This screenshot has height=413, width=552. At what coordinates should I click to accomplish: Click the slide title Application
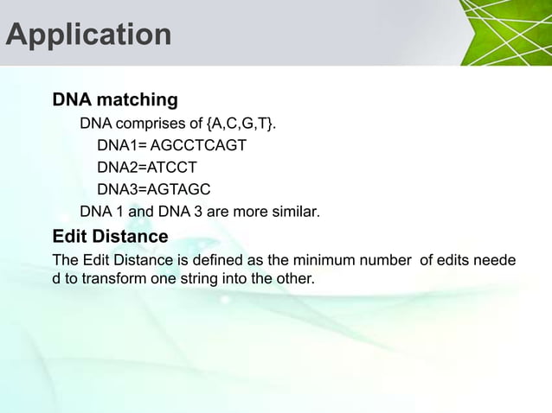[x=88, y=35]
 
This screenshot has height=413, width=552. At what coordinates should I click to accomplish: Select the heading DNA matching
[x=115, y=99]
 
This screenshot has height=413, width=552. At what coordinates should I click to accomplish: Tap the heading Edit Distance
[x=110, y=236]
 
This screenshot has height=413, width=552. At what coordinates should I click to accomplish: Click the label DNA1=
[x=121, y=145]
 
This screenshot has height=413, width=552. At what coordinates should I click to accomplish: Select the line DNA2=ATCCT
[x=147, y=167]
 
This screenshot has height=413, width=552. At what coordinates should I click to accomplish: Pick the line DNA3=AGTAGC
[x=153, y=189]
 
